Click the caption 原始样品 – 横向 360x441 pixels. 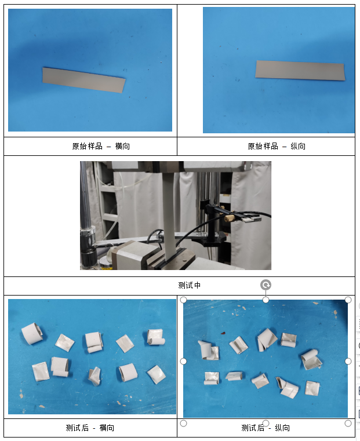(101, 146)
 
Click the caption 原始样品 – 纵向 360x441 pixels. (277, 146)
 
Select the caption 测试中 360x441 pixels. (190, 286)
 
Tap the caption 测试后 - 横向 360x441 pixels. (90, 428)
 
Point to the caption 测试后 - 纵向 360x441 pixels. (266, 428)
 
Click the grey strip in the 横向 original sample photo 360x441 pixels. (84, 80)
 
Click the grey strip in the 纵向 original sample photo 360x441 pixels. (300, 70)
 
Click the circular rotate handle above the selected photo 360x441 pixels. (266, 285)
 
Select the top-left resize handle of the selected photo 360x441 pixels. (183, 300)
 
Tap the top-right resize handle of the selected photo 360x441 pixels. (348, 300)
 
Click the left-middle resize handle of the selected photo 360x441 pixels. (183, 361)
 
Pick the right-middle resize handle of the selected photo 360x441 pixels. (348, 361)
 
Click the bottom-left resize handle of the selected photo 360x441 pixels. (183, 423)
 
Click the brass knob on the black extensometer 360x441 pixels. (229, 218)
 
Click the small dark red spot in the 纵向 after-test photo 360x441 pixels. (223, 333)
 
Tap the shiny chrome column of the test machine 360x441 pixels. (86, 197)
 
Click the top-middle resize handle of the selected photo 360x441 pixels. (266, 300)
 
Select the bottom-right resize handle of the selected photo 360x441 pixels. (348, 423)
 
